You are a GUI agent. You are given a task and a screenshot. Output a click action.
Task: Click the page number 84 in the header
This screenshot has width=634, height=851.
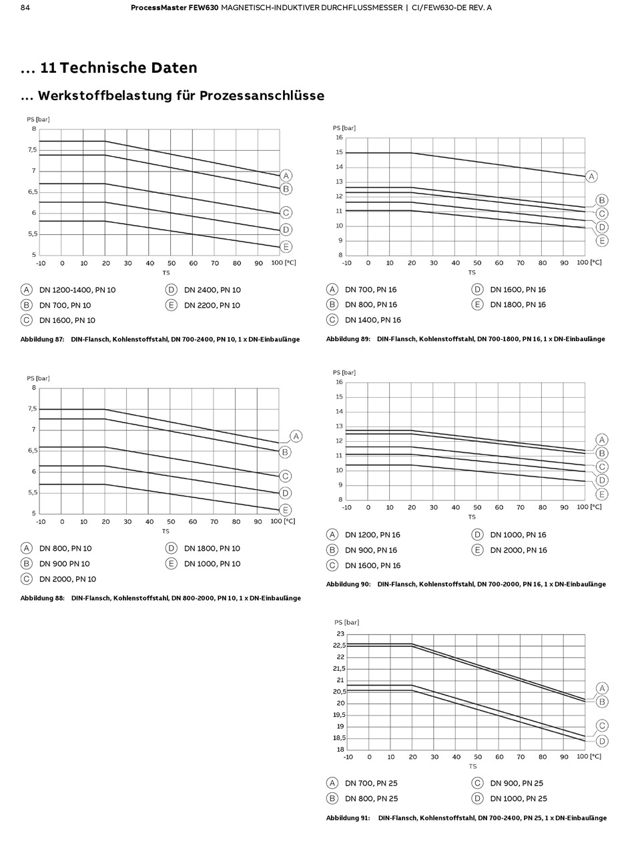click(x=25, y=7)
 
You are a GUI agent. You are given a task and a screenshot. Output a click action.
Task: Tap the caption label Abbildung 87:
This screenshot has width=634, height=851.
click(x=42, y=339)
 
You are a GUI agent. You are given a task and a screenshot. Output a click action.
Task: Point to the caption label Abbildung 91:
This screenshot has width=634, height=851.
click(x=348, y=818)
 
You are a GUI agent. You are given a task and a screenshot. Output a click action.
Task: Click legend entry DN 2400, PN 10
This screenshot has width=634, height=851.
click(x=212, y=290)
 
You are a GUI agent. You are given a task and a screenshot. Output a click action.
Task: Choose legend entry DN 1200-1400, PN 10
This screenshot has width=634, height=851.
click(x=77, y=290)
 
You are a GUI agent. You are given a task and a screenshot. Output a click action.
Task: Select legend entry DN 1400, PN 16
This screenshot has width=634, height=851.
click(x=372, y=320)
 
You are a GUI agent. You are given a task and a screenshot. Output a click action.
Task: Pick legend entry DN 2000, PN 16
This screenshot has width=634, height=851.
click(x=518, y=550)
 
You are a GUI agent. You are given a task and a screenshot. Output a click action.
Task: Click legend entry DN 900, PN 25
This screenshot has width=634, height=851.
click(x=517, y=783)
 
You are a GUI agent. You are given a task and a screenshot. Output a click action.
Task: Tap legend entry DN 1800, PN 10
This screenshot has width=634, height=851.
click(x=212, y=549)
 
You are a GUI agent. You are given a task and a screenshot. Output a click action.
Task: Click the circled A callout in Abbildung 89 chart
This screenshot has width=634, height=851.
click(x=591, y=176)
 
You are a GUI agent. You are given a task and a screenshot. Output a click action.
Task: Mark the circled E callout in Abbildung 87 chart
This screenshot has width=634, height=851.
click(x=286, y=247)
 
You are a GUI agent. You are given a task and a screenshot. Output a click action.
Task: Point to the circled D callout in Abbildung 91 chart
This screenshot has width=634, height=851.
click(x=602, y=741)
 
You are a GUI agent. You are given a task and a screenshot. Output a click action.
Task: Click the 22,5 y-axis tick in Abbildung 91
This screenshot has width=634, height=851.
click(x=340, y=645)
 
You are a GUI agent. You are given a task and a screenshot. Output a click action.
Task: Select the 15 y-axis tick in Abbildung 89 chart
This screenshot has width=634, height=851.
click(x=339, y=152)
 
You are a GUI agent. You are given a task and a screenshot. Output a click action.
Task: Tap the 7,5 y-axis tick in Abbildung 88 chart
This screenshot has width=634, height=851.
click(x=31, y=408)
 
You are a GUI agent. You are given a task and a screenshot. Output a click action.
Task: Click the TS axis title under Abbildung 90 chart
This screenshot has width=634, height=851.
click(x=472, y=517)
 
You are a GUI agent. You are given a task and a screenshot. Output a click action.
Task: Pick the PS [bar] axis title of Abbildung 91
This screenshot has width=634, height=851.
click(x=346, y=622)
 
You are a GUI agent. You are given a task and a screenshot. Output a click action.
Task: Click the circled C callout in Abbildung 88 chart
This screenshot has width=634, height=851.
click(x=286, y=476)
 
